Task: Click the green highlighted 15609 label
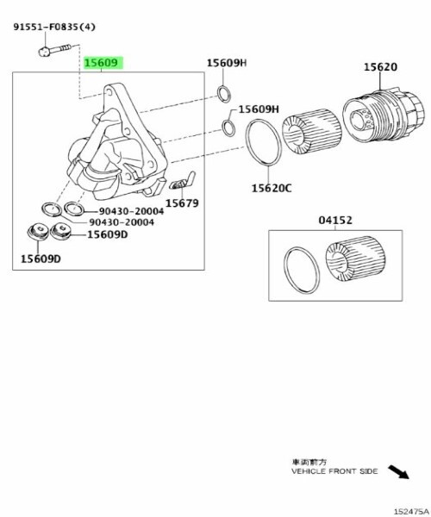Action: click(103, 63)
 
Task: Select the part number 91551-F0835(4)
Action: click(54, 27)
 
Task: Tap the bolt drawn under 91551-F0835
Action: click(55, 50)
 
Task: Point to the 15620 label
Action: click(380, 67)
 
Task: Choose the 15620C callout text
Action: click(272, 188)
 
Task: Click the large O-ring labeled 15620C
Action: click(264, 142)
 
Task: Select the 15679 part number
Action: click(182, 203)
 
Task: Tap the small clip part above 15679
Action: click(182, 181)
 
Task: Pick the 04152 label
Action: click(335, 220)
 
